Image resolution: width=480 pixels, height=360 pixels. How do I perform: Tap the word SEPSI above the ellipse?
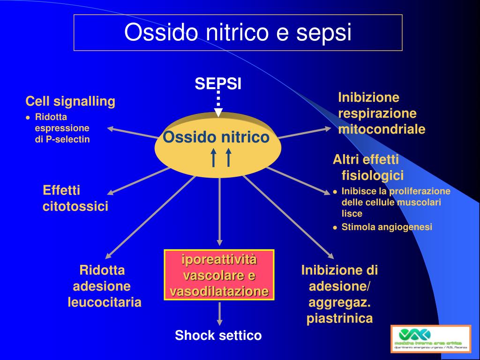(x=218, y=84)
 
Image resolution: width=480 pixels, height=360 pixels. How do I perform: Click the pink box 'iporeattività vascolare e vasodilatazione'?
(x=219, y=275)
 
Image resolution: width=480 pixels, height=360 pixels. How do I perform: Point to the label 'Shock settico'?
(x=218, y=336)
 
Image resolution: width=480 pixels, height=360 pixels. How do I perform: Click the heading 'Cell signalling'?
(x=70, y=101)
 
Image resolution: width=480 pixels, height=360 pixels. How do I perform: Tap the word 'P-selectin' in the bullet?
(x=67, y=139)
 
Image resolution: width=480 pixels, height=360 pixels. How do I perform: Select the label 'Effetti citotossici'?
(x=75, y=198)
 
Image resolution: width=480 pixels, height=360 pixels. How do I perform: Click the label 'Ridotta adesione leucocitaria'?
(x=104, y=286)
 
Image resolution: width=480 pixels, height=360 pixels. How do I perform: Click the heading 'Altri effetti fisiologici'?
(x=368, y=167)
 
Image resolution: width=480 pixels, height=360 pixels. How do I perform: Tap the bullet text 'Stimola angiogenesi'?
(x=387, y=227)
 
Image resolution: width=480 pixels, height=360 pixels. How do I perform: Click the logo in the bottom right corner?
(x=430, y=338)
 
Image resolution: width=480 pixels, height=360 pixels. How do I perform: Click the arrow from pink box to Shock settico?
(x=219, y=313)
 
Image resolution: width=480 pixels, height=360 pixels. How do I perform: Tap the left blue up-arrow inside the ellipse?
(x=213, y=157)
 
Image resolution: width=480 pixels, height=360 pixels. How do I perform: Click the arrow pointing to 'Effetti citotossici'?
(x=138, y=180)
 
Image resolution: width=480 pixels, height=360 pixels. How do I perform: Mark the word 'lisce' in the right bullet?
(x=352, y=214)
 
